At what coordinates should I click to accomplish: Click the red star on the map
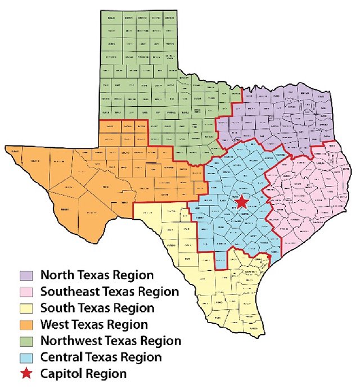(242, 202)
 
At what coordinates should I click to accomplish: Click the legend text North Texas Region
(97, 275)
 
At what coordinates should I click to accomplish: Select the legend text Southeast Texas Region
(110, 292)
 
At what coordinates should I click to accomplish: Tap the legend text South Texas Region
(97, 308)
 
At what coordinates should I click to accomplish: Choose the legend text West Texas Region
(94, 324)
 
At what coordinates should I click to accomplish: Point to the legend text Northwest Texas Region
(111, 341)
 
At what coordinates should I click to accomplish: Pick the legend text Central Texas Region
(101, 357)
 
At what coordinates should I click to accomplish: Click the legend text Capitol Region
(83, 374)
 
